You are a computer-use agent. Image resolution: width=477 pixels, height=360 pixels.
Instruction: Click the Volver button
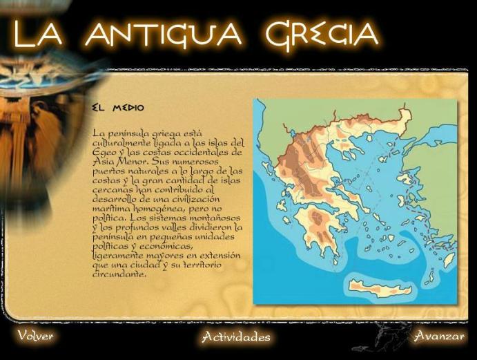pyautogui.click(x=35, y=337)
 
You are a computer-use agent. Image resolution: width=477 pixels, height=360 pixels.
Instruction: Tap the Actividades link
pyautogui.click(x=236, y=337)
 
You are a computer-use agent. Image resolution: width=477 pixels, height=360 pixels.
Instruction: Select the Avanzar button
pyautogui.click(x=439, y=336)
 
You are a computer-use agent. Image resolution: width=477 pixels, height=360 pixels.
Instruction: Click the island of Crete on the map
pyautogui.click(x=377, y=287)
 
